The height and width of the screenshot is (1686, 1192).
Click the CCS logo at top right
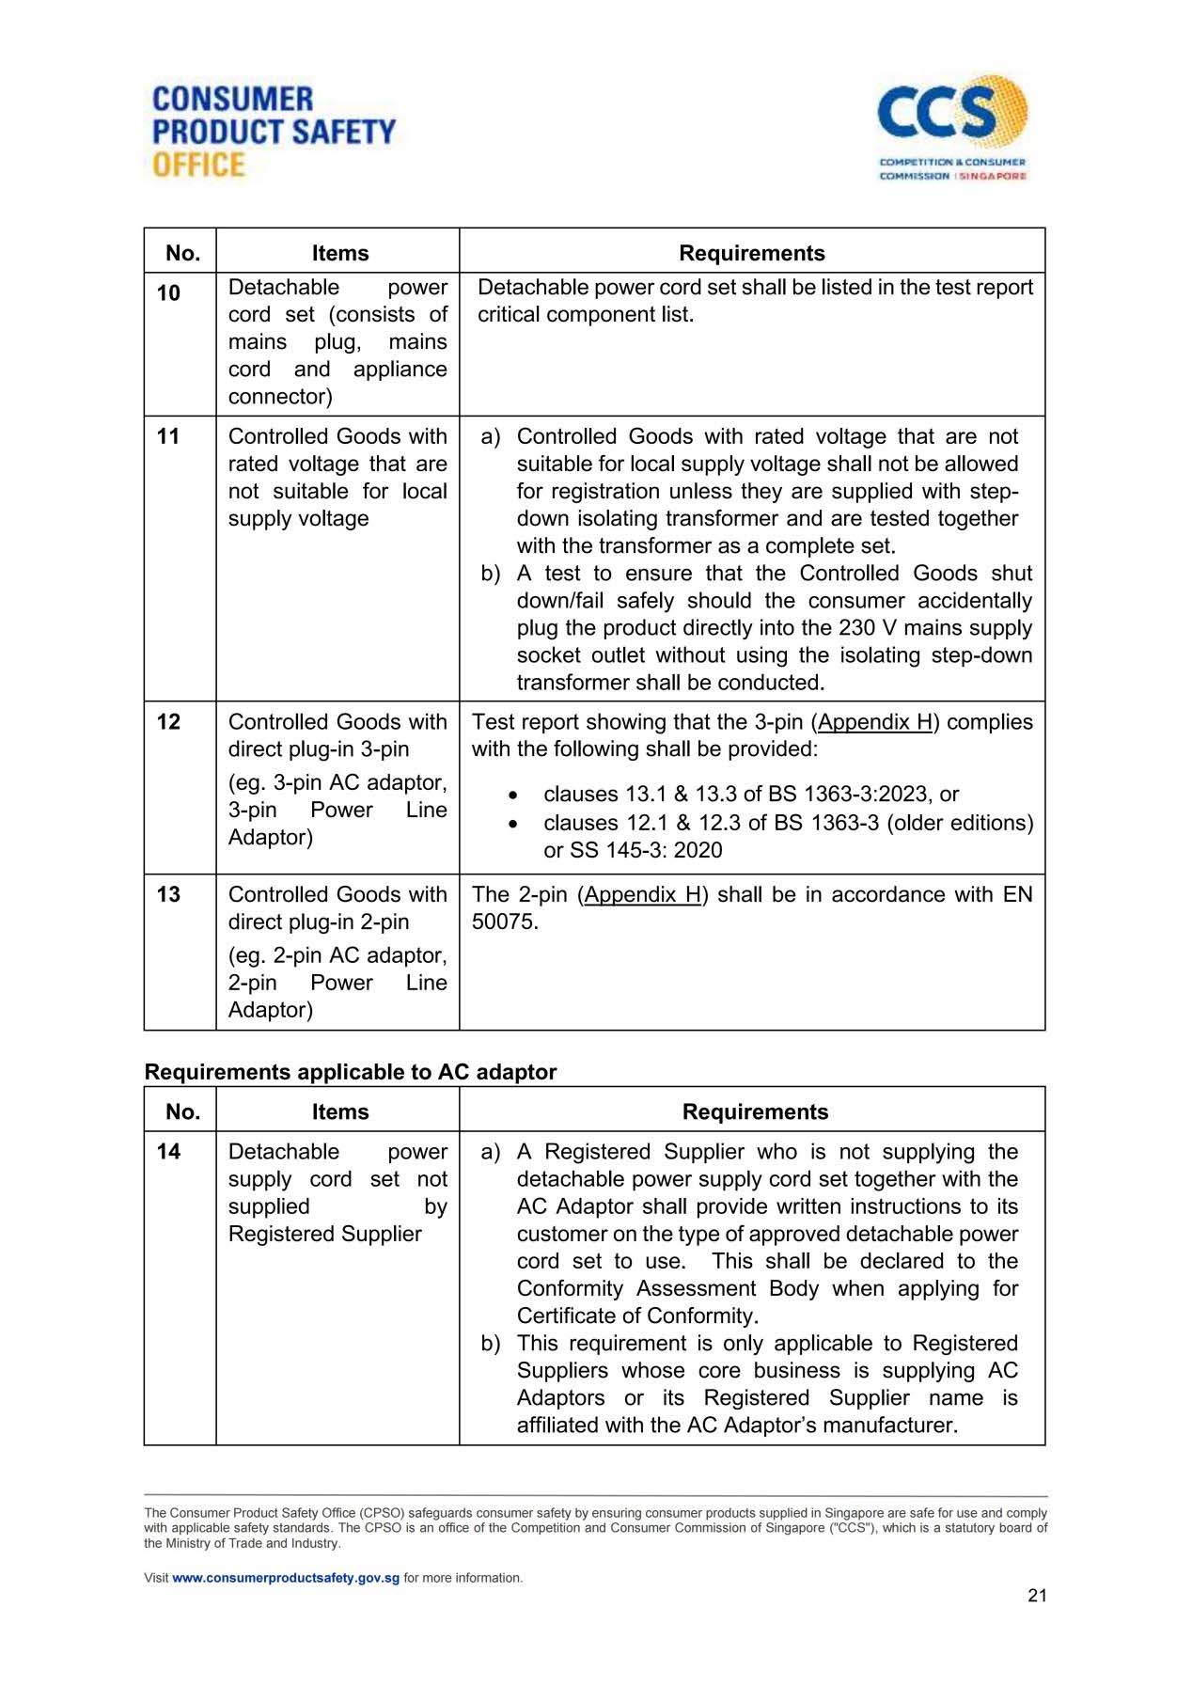(x=951, y=127)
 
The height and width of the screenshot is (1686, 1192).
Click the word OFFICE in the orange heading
(x=198, y=165)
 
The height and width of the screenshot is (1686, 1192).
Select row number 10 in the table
(x=168, y=293)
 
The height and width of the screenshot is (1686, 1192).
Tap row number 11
(x=168, y=436)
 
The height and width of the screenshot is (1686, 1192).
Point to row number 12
(x=168, y=722)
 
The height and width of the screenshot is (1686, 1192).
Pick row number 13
(x=168, y=894)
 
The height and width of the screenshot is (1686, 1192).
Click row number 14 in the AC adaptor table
(x=168, y=1152)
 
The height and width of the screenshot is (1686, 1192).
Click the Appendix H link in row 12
(x=874, y=722)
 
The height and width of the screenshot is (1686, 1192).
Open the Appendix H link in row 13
(x=643, y=894)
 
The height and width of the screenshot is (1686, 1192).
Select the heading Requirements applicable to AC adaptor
(x=350, y=1072)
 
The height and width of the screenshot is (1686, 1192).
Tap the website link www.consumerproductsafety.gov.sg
(x=286, y=1578)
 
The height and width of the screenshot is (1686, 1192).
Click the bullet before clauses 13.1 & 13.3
(x=512, y=796)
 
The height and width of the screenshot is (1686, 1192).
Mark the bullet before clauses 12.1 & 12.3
(x=512, y=824)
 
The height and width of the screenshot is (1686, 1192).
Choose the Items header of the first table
(x=340, y=253)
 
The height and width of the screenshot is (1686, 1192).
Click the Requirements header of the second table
(x=755, y=1111)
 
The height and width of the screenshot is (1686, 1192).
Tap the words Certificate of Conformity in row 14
(x=636, y=1316)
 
